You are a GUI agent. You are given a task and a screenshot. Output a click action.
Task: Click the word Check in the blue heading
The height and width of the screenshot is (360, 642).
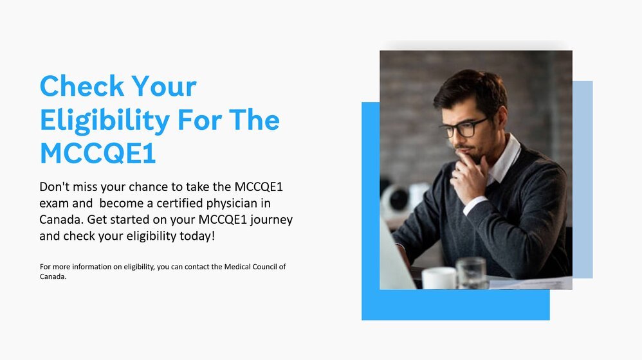click(82, 86)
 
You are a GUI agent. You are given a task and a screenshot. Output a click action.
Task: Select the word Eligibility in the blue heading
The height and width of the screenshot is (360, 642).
click(104, 121)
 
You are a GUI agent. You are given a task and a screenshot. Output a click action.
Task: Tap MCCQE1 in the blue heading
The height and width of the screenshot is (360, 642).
click(98, 154)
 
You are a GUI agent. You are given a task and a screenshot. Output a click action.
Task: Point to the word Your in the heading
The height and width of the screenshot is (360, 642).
click(164, 87)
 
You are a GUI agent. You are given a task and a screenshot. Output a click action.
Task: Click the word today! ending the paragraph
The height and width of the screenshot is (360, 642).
click(197, 236)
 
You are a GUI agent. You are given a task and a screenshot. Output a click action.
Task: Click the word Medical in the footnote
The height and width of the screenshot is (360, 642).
click(237, 267)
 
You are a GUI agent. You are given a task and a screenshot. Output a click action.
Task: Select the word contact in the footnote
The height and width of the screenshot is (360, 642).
click(197, 267)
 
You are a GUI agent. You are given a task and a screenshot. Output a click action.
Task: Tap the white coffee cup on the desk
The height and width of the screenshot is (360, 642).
click(439, 278)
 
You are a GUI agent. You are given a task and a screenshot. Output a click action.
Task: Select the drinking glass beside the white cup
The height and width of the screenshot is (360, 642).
click(472, 273)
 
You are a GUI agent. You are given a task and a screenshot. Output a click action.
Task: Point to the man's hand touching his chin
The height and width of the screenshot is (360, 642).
click(470, 174)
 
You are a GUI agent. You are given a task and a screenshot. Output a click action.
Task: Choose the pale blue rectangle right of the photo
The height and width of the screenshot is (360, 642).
click(583, 179)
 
